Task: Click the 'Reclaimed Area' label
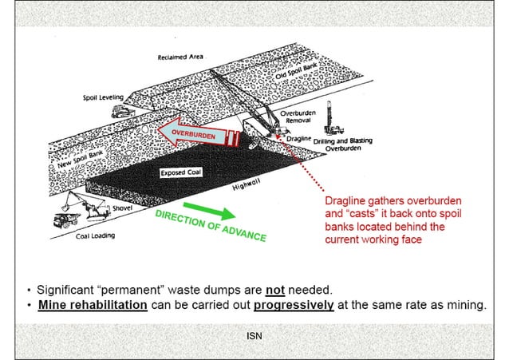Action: pos(181,57)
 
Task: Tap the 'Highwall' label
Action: pos(247,186)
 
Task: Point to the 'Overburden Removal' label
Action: pos(298,117)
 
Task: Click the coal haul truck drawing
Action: pos(65,221)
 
